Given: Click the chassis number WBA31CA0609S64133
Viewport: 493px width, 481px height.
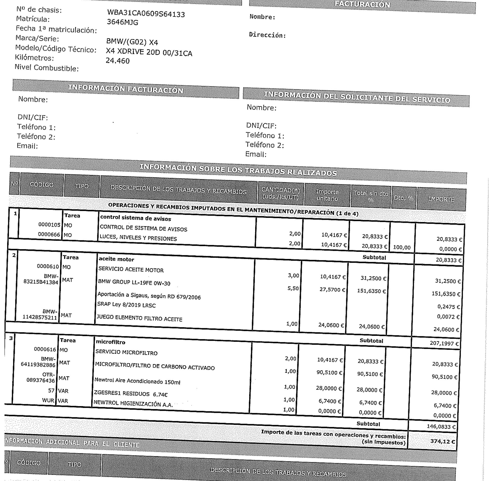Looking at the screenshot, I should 146,13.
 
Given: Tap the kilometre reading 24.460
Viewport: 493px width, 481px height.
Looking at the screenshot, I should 118,61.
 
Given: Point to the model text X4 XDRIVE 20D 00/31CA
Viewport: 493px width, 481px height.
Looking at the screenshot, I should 149,52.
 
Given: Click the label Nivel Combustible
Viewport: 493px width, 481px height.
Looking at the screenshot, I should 47,68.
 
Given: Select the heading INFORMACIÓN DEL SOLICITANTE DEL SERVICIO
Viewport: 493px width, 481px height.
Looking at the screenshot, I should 357,98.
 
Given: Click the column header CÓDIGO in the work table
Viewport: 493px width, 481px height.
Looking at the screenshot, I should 42,185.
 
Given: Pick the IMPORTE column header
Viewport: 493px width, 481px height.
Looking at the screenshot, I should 441,199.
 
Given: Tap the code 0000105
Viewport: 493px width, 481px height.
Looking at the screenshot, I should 49,224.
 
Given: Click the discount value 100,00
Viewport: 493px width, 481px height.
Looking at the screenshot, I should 402,248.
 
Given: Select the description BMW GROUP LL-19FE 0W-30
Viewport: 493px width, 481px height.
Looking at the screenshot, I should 134,283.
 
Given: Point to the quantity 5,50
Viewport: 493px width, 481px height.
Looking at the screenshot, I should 293,288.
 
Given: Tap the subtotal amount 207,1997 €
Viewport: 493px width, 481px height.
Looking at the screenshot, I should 444,343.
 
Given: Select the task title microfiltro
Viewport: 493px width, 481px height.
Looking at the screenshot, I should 110,342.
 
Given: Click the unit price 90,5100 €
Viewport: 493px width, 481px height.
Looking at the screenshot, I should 329,373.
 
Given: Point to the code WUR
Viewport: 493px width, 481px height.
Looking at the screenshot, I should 48,400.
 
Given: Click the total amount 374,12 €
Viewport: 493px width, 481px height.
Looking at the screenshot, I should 442,441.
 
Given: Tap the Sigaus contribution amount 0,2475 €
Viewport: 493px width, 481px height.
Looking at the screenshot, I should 448,307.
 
